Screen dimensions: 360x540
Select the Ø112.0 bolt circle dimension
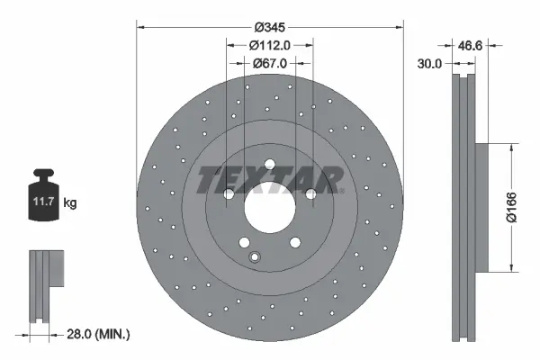tap(269, 46)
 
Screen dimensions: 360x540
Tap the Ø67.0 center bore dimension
tap(269, 64)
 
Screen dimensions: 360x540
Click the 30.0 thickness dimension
tap(431, 64)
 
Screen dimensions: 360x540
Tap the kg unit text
tap(70, 203)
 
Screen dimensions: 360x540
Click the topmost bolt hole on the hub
tap(269, 163)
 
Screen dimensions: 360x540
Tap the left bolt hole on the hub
tap(229, 194)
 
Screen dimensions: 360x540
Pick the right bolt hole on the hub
tap(310, 194)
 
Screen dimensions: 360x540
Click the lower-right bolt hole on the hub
tap(294, 241)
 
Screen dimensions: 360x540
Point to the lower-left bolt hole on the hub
tap(244, 241)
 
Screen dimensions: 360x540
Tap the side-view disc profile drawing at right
tap(466, 207)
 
